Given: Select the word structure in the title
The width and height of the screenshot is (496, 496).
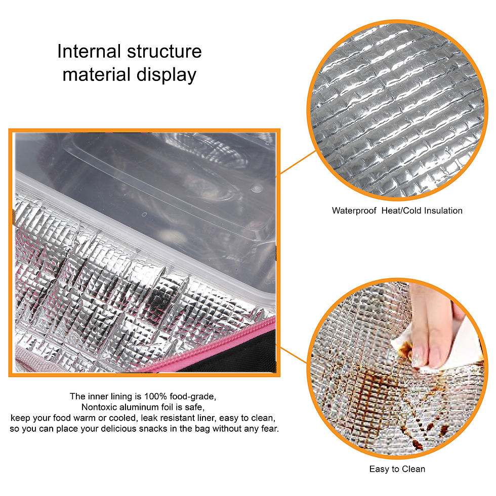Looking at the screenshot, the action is (x=164, y=51).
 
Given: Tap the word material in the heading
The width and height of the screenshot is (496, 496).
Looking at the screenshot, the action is (x=97, y=75).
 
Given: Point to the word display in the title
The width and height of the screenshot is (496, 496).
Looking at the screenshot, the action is (x=167, y=75).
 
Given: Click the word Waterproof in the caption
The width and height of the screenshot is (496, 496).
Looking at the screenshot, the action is (x=354, y=211).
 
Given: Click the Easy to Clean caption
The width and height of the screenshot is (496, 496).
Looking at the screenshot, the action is (x=397, y=469).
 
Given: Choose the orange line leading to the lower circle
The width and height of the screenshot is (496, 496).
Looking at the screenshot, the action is (x=294, y=354).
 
